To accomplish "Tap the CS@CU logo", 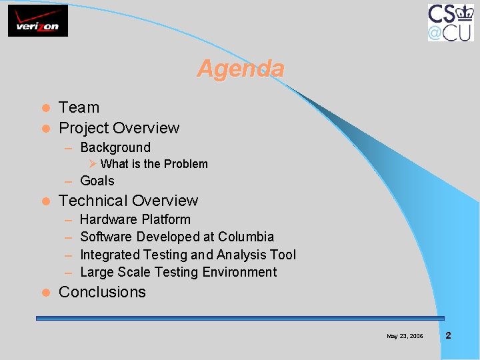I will [451, 22].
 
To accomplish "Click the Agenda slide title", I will [241, 69].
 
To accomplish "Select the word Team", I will [79, 107].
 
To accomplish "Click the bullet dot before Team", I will [45, 108].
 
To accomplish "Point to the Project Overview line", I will [119, 128].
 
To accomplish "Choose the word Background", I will [115, 147].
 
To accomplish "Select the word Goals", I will [97, 181].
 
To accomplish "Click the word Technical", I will [91, 201].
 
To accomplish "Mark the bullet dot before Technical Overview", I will [45, 201].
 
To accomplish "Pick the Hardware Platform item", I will [135, 219].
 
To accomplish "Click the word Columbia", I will [246, 237].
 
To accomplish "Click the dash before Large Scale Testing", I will [69, 273].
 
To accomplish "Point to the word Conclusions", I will [102, 292].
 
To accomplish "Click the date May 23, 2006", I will [405, 336].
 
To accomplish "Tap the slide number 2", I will [448, 335].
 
